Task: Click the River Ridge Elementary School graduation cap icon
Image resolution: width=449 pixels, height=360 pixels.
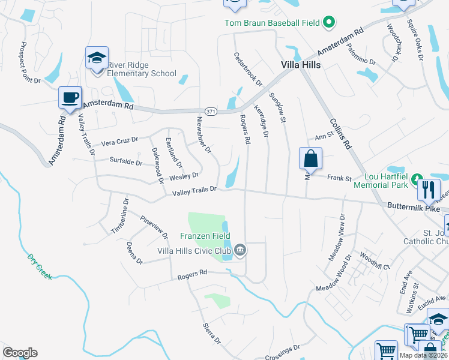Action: pos(97,58)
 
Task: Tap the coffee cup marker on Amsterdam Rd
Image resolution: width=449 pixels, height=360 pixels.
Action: pos(70,97)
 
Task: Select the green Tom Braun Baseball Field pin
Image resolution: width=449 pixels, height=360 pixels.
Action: pos(328,23)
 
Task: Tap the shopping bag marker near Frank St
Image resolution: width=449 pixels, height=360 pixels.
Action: pos(311,159)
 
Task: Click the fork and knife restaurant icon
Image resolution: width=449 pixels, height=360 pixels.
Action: pos(429,190)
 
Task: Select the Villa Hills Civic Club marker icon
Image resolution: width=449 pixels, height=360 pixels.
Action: pos(240,250)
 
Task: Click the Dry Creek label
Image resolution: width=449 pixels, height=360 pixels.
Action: pos(40,266)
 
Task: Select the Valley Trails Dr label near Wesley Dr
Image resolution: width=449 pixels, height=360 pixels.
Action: pos(194,191)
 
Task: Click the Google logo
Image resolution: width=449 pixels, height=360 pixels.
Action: pos(20,353)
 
